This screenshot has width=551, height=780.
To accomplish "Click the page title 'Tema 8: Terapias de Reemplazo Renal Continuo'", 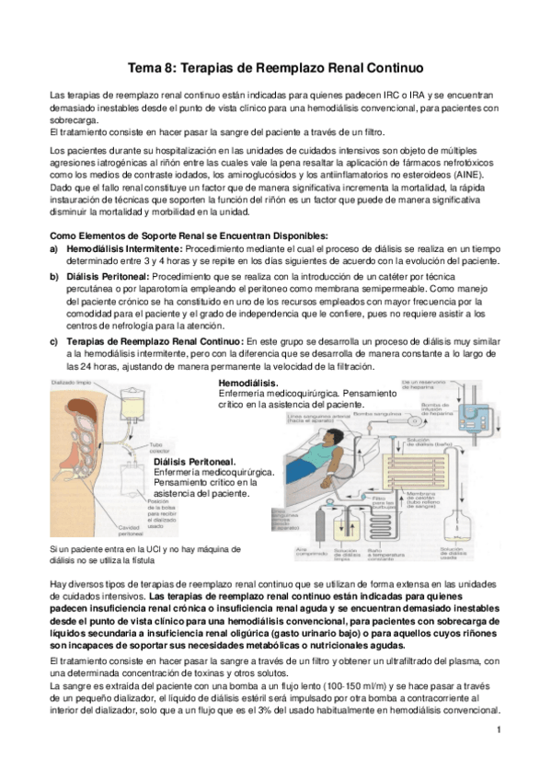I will [275, 68].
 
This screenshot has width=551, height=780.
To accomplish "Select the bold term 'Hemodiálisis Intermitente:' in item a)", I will [124, 248].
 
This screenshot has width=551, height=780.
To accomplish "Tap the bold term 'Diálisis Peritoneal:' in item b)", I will [108, 275].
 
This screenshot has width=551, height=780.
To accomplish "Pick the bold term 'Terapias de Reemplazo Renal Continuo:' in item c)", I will [142, 342].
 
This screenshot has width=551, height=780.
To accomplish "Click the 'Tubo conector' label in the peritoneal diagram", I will [160, 449].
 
